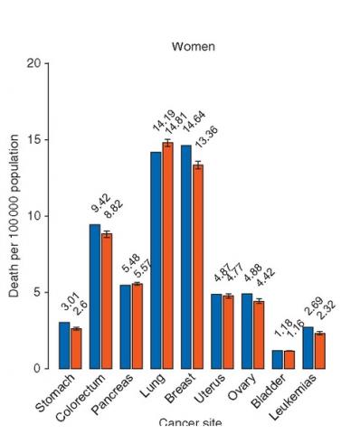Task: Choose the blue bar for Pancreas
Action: click(x=126, y=326)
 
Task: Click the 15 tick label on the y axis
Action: click(x=33, y=140)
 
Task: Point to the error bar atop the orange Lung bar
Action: click(x=167, y=143)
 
